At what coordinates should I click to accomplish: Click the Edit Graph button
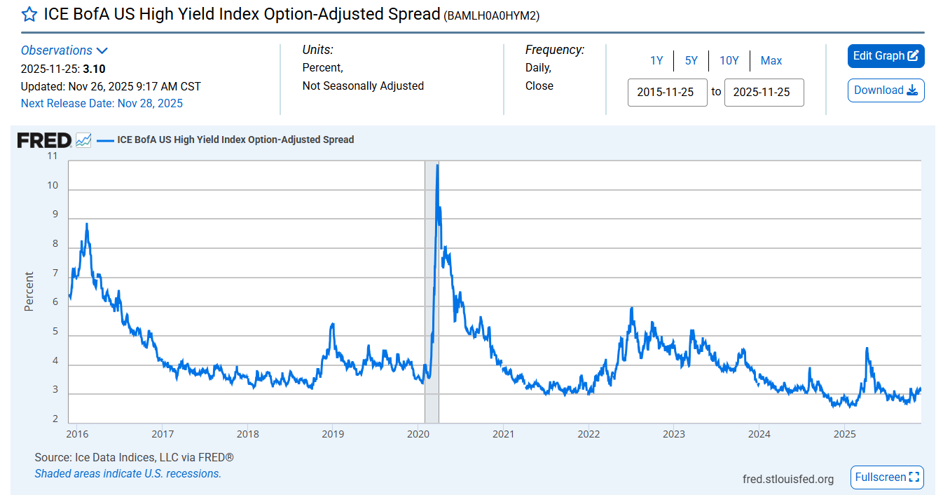point(886,56)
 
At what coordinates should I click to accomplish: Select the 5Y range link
point(691,61)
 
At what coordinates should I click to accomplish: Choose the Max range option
point(771,61)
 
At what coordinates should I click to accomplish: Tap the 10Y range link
point(729,61)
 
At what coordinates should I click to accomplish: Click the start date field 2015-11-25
point(667,93)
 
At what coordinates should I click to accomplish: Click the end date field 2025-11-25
point(764,93)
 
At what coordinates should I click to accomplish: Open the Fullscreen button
point(887,477)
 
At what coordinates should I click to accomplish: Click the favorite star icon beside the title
point(29,15)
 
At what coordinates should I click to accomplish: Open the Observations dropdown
point(64,50)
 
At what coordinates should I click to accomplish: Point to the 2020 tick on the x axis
point(418,434)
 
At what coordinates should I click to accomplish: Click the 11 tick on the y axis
point(52,156)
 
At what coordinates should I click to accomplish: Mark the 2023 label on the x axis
point(673,434)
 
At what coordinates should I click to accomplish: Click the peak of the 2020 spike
point(437,165)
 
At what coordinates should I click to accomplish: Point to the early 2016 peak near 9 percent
point(86,224)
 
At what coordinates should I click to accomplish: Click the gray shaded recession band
point(432,316)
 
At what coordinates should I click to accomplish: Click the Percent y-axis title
point(29,291)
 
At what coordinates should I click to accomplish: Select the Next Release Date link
point(102,104)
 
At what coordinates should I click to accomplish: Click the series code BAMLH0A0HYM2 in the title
point(492,15)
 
